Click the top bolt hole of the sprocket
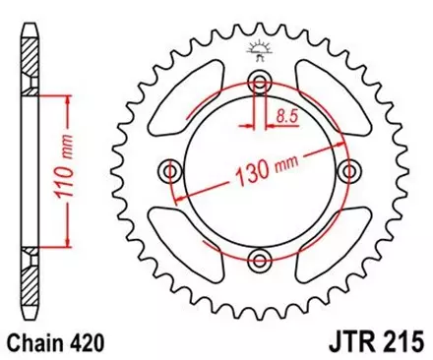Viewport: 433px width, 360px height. [260, 82]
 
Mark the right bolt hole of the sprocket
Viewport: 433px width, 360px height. [349, 172]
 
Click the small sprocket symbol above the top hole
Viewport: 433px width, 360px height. [260, 49]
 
